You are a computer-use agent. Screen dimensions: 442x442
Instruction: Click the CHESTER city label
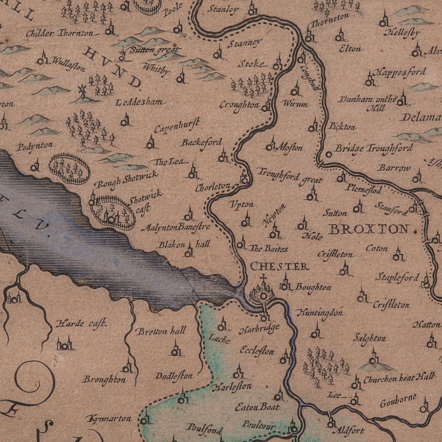279,266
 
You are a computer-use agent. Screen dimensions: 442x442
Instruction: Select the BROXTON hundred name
369,229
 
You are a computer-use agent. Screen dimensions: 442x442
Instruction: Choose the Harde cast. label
81,324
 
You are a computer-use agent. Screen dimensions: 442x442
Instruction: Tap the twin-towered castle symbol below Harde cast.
64,344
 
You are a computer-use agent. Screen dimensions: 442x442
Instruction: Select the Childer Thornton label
60,34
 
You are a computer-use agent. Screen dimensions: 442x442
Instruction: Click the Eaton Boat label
257,407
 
